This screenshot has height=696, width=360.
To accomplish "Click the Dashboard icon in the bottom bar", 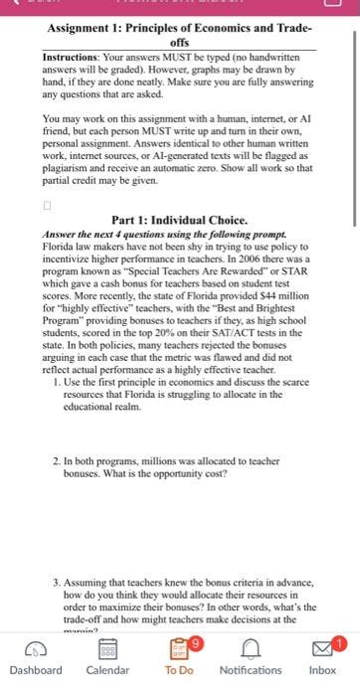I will (35, 648).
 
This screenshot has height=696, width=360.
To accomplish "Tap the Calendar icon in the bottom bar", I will (106, 648).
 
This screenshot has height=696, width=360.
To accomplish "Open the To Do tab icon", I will (179, 648).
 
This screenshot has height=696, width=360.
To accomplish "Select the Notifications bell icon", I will (251, 648).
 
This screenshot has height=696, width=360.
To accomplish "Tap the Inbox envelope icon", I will (321, 648).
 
